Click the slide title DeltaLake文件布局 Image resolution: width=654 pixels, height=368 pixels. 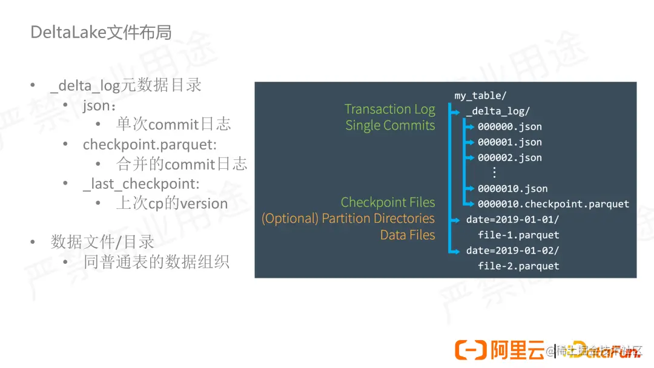[101, 32]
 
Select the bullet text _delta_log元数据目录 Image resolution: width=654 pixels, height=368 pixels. [126, 85]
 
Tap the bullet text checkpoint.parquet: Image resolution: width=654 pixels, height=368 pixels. [150, 145]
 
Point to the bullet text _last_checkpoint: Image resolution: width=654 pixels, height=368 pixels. [141, 184]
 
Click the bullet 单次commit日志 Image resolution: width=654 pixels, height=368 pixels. [173, 125]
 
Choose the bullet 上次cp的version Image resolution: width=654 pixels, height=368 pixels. [172, 203]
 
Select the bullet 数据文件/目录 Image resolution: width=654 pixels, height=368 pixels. [103, 242]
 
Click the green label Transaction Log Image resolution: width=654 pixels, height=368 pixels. [390, 109]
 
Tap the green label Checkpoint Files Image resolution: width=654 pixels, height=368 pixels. [388, 202]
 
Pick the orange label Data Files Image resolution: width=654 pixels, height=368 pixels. [408, 235]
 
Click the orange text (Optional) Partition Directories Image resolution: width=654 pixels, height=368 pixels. [348, 218]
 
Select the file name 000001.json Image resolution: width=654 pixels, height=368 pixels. [509, 142]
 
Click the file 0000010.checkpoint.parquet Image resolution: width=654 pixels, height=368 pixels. [553, 204]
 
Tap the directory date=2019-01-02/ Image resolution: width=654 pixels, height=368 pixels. [512, 250]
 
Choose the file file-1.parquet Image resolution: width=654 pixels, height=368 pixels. [518, 235]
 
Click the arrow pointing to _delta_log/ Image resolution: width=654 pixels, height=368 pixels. [455, 111]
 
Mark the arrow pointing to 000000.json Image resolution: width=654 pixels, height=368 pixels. [468, 126]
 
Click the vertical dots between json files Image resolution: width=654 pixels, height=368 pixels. [494, 172]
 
